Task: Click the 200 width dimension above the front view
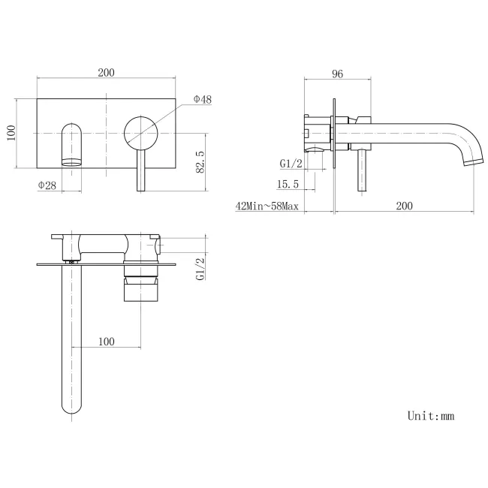tap(106, 73)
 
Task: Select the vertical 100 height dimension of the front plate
tap(11, 134)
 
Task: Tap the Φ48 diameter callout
tap(202, 99)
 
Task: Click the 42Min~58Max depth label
tap(267, 206)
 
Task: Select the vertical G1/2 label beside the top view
tap(200, 268)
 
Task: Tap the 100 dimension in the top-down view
tap(106, 342)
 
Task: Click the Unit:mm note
tap(431, 415)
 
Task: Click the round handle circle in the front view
tap(141, 133)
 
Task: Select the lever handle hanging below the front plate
tap(140, 171)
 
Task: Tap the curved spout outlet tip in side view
tap(471, 160)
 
